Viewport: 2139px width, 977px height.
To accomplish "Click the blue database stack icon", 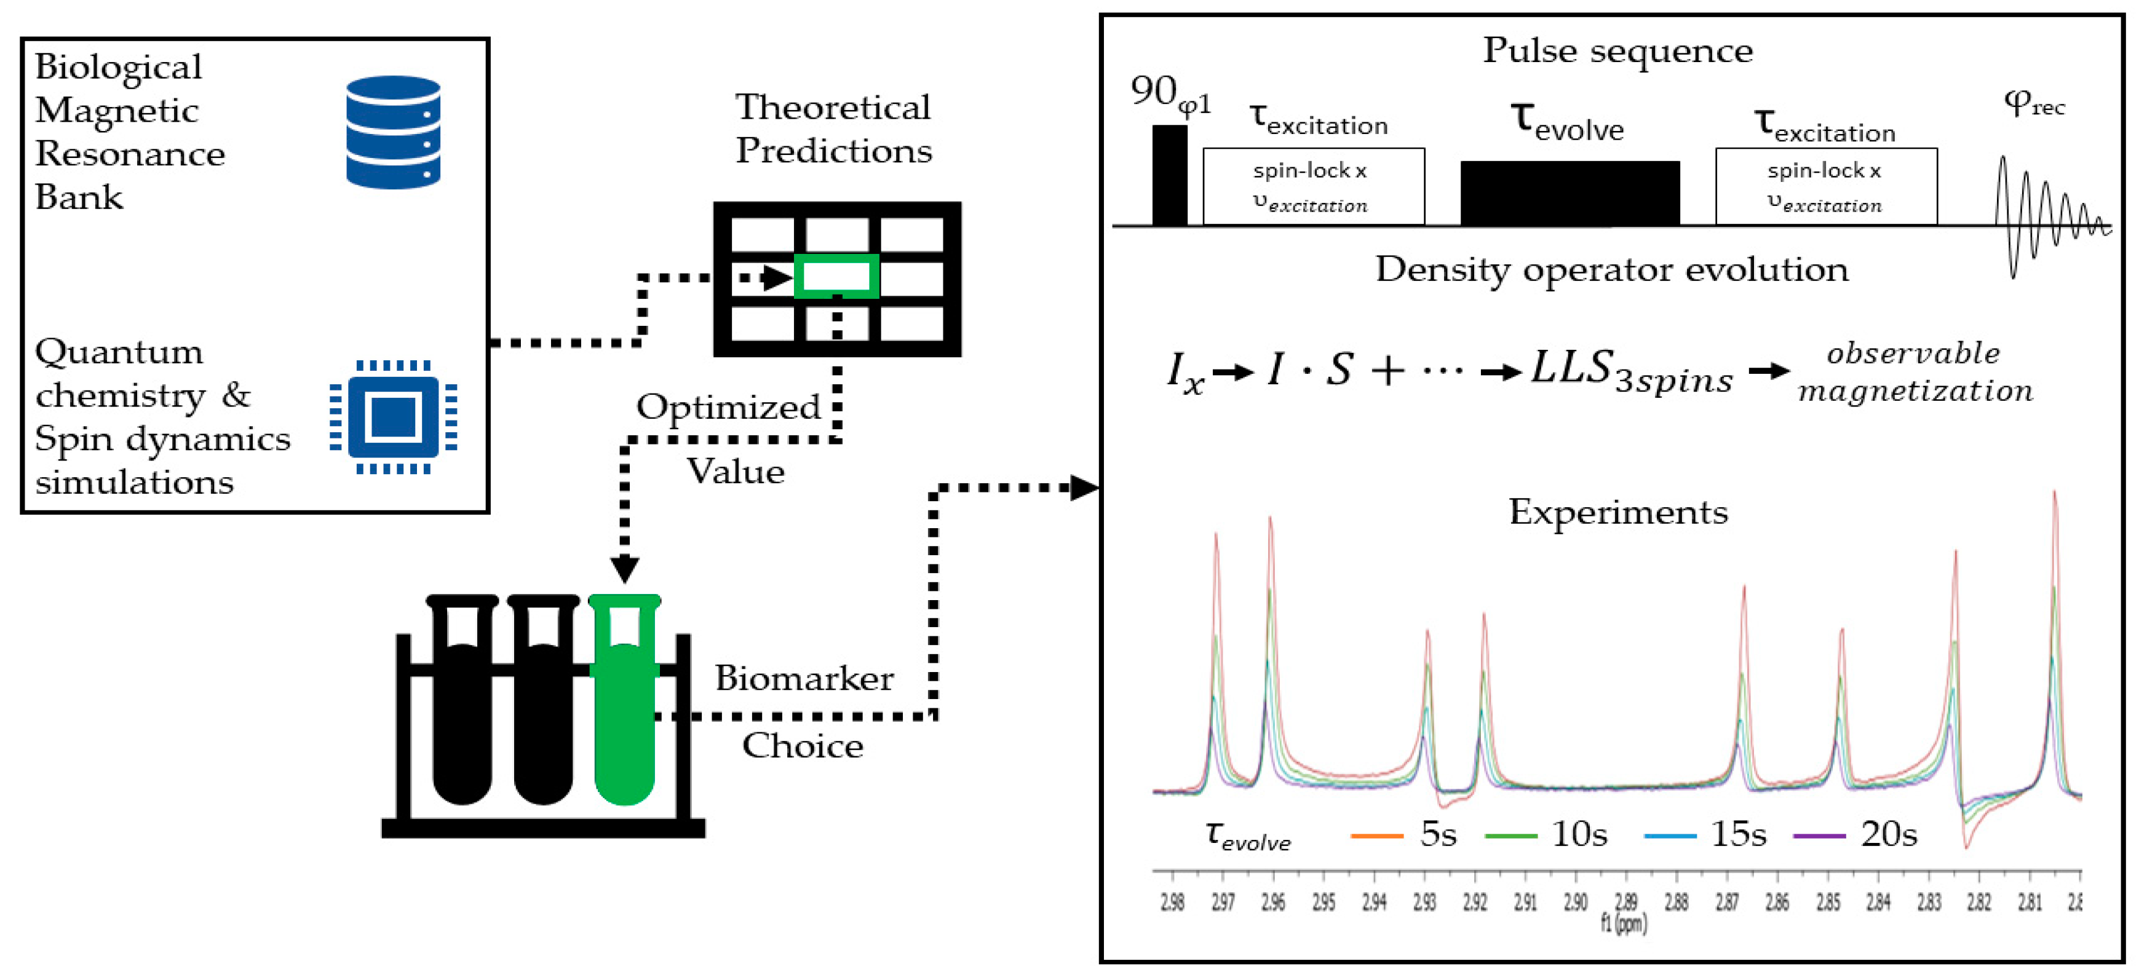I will [x=393, y=132].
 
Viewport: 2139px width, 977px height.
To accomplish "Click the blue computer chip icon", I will [x=393, y=417].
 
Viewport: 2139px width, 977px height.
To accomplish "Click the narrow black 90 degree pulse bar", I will [x=1169, y=175].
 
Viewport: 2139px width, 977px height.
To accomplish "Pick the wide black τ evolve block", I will [x=1570, y=194].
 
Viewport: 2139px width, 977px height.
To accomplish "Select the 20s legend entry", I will [x=1856, y=834].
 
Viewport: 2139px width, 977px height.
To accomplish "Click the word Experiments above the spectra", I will [x=1617, y=512].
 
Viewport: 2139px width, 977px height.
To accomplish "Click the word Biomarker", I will [x=804, y=678].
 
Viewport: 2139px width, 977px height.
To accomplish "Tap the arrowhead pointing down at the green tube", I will [x=624, y=569].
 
